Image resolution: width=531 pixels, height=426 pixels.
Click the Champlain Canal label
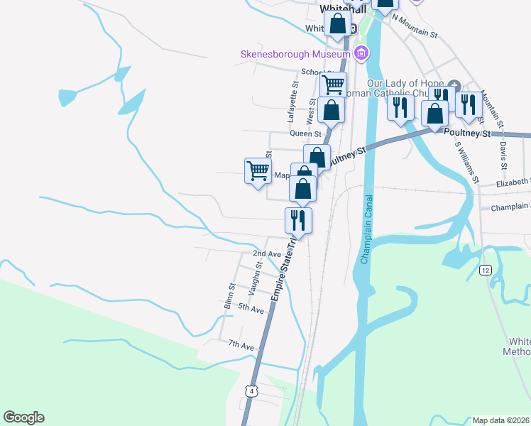coord(366,229)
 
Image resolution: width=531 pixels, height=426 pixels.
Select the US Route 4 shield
coord(251,390)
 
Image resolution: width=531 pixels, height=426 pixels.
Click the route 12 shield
coord(486,270)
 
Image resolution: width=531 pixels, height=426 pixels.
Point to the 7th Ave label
coord(241,346)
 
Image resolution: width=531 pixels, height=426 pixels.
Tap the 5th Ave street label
coord(251,308)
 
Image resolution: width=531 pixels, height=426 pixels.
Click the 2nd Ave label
coord(267,253)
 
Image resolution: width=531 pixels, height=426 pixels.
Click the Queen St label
coord(305,133)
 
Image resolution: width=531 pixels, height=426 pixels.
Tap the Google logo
coord(23,417)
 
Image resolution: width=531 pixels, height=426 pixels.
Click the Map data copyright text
coord(500,420)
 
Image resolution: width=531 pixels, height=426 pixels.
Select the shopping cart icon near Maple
coord(258,170)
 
